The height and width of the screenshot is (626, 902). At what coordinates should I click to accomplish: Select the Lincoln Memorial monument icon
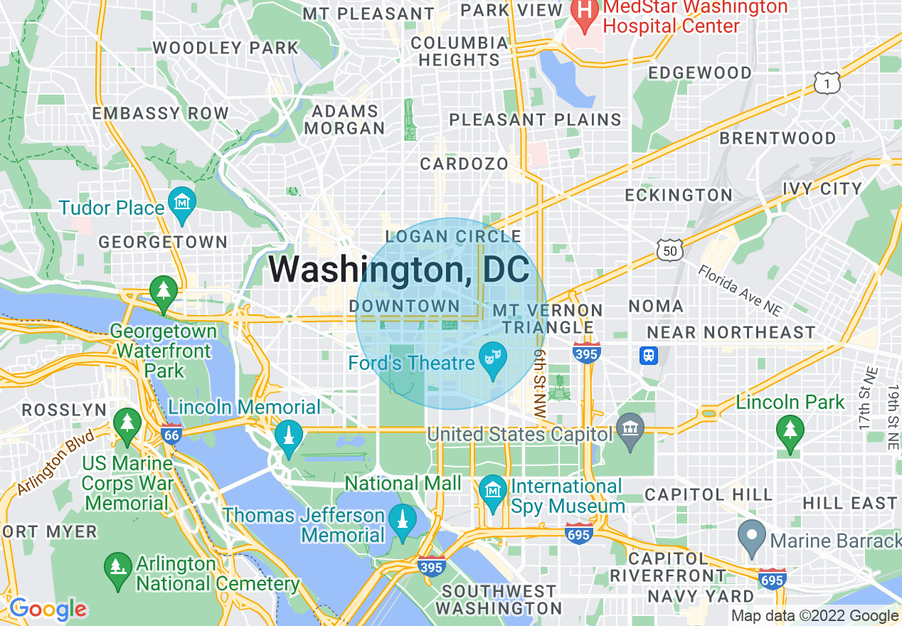[288, 435]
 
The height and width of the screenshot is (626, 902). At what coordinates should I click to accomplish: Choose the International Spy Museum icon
[492, 492]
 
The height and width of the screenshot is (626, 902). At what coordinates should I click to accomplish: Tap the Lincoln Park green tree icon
[789, 430]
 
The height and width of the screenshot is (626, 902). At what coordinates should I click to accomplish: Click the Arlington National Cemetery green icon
[117, 568]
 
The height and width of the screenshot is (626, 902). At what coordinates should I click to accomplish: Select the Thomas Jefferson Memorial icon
[403, 521]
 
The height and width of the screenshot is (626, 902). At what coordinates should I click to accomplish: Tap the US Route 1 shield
[827, 83]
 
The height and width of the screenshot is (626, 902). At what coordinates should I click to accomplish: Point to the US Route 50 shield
[671, 248]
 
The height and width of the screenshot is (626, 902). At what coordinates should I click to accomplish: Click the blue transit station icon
[648, 355]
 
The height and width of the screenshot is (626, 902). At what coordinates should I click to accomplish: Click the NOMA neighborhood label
[656, 306]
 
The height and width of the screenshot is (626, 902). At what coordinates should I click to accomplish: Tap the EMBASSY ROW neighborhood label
[161, 113]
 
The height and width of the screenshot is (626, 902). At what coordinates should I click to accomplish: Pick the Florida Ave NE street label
[739, 290]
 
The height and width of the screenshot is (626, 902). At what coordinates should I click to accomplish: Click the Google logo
[47, 609]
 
